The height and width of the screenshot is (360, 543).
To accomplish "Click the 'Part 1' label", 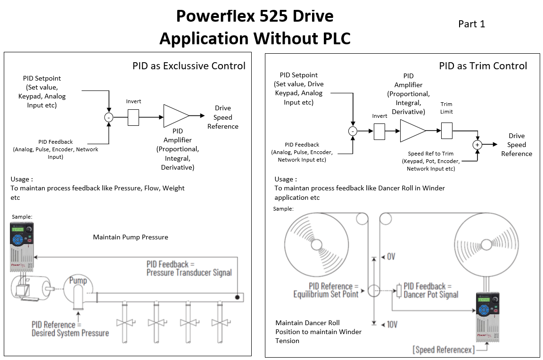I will [471, 24].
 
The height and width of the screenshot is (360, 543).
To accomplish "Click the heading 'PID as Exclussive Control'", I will [189, 66].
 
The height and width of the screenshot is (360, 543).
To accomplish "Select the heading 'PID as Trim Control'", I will [483, 66].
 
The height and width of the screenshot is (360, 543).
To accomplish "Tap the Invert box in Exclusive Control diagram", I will [133, 117].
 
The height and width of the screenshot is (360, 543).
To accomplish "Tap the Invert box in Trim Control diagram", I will [379, 131].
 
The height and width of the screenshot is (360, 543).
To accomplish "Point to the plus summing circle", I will [477, 145].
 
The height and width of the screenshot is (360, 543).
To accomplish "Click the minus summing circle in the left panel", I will [108, 117].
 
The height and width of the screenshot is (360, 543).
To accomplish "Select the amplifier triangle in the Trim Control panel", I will [412, 131].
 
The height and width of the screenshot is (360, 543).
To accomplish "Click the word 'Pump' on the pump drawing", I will [78, 281].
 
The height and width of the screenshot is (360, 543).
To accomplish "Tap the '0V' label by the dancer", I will [391, 257].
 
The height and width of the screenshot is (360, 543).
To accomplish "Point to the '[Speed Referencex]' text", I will [443, 350].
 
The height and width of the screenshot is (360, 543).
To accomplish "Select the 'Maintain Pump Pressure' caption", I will [131, 237].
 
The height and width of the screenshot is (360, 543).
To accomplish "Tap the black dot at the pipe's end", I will [238, 297].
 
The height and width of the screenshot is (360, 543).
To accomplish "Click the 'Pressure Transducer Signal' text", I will [189, 272].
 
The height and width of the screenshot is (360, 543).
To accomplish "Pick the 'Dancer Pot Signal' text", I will [431, 295].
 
